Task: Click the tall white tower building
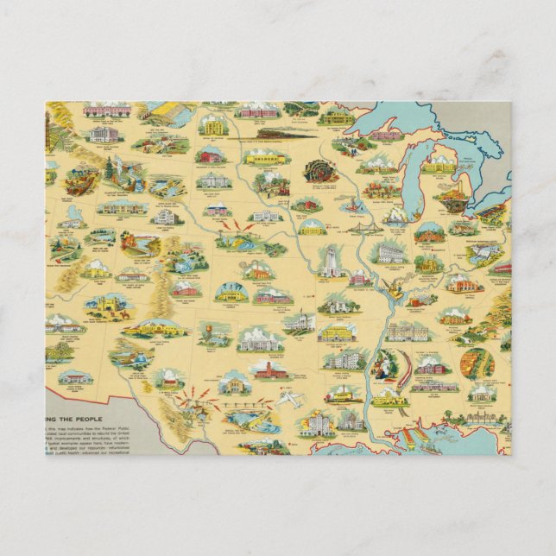click(x=331, y=260)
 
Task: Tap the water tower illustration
click(x=207, y=331)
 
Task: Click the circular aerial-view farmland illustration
click(x=476, y=363)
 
